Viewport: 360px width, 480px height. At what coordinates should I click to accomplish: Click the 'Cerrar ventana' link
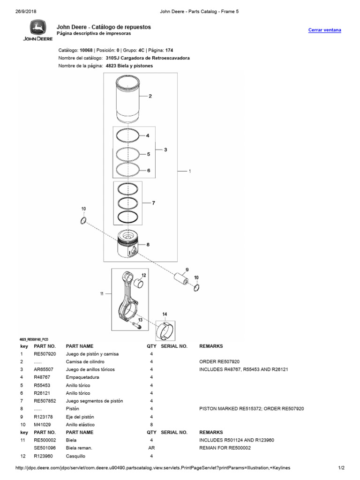tap(324, 30)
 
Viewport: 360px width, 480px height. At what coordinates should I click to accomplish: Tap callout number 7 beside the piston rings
tap(153, 203)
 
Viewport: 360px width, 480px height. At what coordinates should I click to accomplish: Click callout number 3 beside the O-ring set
tap(165, 150)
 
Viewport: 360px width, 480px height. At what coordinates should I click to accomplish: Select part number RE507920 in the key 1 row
tap(45, 354)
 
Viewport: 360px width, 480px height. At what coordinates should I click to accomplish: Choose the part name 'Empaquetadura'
tap(81, 377)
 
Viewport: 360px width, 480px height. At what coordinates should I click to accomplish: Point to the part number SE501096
tap(45, 448)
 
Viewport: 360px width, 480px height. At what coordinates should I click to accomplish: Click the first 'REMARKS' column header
tap(211, 346)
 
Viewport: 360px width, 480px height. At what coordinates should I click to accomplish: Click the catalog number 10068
tap(86, 50)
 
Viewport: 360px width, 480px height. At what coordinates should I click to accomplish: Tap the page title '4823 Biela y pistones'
tap(129, 66)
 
